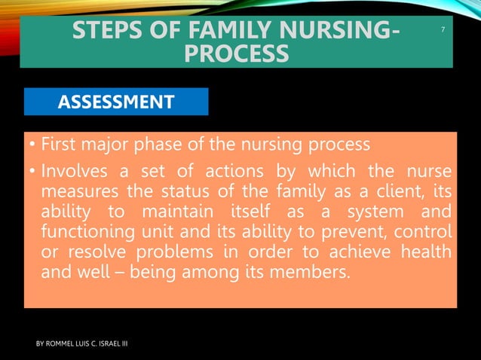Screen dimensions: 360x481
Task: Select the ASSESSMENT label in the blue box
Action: (116, 102)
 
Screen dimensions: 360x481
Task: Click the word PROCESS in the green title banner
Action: (236, 54)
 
